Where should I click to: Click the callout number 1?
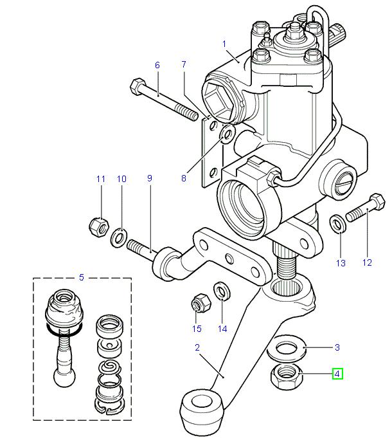click(x=225, y=44)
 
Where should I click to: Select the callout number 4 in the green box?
click(x=337, y=372)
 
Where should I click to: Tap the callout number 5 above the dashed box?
click(x=81, y=277)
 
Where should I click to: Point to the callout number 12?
click(x=367, y=262)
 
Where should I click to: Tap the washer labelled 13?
click(x=336, y=223)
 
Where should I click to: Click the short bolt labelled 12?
click(x=364, y=208)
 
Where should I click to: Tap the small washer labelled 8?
click(x=226, y=135)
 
